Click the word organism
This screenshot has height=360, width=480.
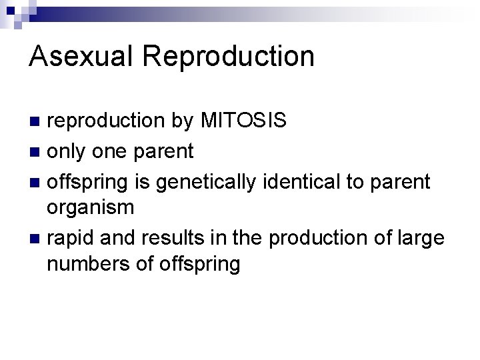(90, 209)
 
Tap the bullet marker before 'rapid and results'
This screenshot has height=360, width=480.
(35, 237)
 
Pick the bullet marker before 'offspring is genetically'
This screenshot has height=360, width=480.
(35, 181)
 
